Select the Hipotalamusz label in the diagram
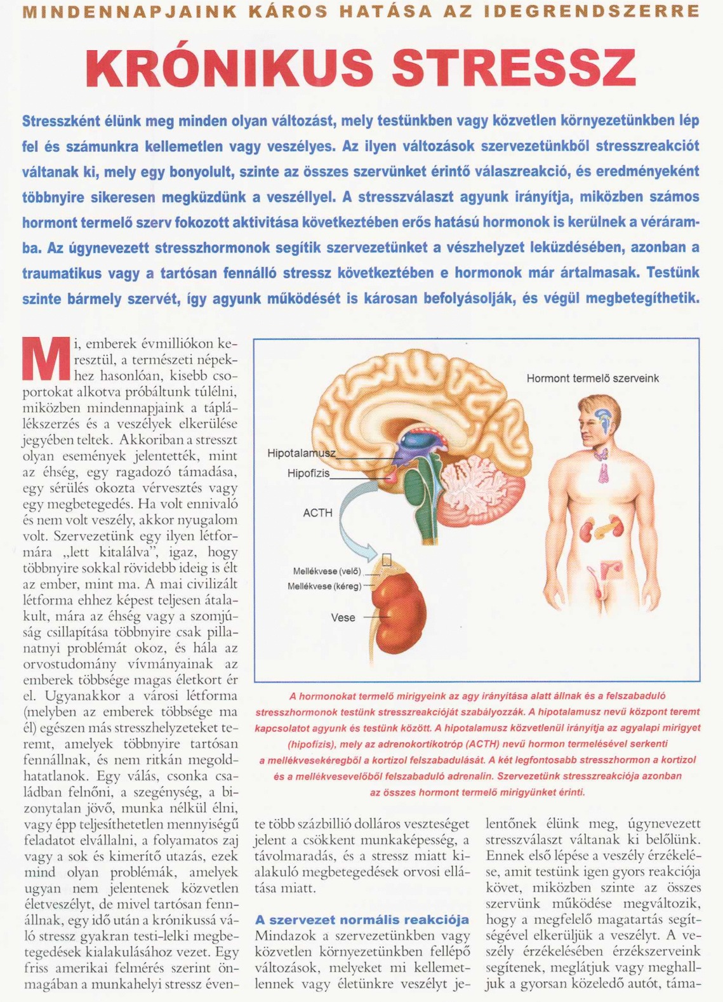point(301,453)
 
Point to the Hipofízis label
point(308,473)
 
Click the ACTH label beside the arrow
point(317,512)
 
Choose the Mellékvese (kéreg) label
point(324,586)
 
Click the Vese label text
point(343,617)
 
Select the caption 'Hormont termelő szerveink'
point(592,378)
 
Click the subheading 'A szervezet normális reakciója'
point(362,919)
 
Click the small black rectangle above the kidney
point(387,559)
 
